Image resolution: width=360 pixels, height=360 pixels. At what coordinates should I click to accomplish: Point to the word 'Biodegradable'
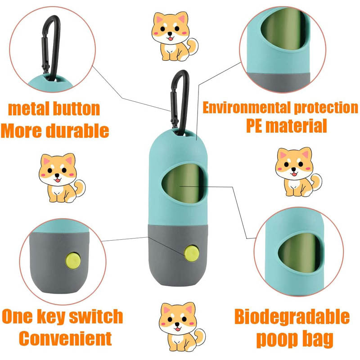292,317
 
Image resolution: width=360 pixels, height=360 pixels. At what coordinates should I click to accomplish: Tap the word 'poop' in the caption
275,339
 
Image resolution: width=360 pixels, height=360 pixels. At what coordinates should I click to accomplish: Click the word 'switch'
96,316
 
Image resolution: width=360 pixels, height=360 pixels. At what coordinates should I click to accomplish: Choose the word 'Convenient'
65,338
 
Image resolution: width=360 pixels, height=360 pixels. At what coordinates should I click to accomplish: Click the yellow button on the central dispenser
192,253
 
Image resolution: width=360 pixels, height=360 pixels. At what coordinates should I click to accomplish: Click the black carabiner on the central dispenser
180,103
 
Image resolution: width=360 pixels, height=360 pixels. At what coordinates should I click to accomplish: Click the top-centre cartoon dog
175,36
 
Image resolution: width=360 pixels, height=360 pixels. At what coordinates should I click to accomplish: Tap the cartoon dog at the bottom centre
182,327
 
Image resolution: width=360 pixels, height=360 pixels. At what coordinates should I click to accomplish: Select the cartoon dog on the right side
298,172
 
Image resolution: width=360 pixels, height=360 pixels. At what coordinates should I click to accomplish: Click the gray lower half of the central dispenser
178,255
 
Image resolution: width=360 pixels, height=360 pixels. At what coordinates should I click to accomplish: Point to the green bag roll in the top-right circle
284,29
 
